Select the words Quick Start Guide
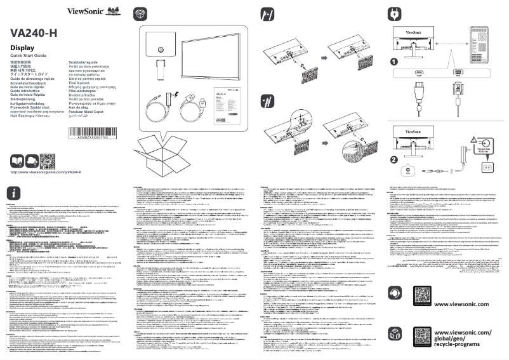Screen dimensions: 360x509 [x=29, y=57]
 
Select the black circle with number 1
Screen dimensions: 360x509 [x=393, y=62]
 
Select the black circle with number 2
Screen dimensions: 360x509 [x=393, y=159]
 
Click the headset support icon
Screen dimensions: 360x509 [x=395, y=295]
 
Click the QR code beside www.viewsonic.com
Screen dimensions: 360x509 [x=426, y=295]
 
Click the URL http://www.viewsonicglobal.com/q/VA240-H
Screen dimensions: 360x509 [x=46, y=172]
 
